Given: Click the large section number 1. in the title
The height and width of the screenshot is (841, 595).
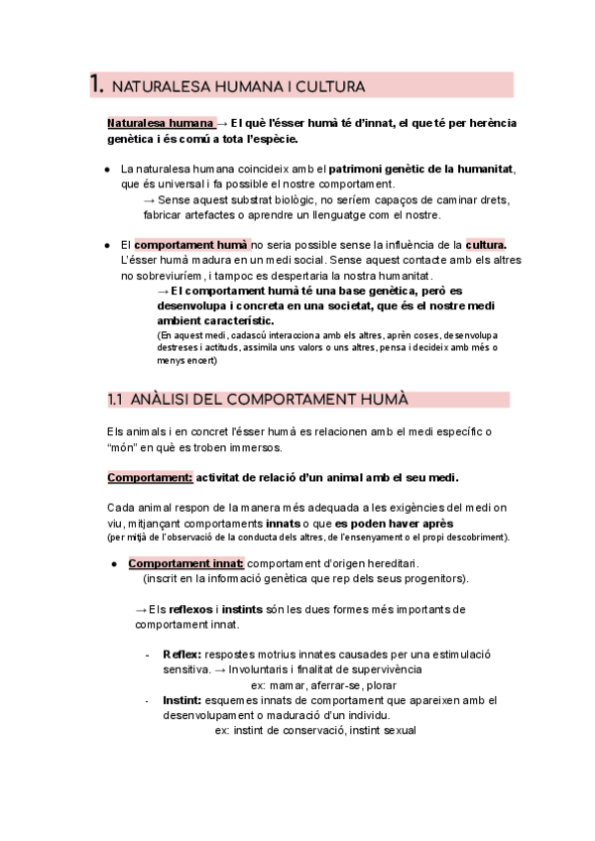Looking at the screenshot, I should [x=97, y=85].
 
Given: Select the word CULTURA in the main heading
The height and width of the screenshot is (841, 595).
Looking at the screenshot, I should [x=332, y=87].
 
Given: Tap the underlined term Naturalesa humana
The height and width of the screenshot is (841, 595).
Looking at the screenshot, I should [x=160, y=123].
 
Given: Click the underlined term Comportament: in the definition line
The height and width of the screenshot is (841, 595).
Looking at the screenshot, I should [x=149, y=477].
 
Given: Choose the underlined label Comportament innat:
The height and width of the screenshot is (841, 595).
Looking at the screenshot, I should [x=185, y=563].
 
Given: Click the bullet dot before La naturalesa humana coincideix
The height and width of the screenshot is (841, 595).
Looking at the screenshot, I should [x=108, y=170].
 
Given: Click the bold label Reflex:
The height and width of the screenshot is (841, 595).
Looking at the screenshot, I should [x=181, y=655].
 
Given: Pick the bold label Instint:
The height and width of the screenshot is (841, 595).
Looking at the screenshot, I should [x=182, y=700].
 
